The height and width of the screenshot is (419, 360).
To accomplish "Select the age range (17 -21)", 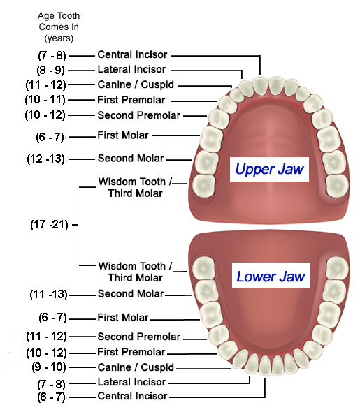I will [49, 226].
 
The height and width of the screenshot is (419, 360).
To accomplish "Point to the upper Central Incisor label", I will [132, 54].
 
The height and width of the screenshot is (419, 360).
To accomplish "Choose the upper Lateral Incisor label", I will [131, 70].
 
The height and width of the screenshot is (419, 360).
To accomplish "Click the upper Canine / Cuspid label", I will [136, 84].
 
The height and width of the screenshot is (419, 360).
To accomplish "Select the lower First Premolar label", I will [131, 352].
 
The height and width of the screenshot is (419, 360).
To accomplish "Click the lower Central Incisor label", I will [132, 396].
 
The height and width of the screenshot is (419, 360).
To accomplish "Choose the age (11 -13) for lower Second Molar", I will [48, 294].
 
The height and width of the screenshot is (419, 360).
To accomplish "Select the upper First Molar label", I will [123, 135].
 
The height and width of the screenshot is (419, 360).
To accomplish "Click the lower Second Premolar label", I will [138, 337].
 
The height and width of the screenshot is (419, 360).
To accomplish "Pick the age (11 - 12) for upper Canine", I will [50, 85].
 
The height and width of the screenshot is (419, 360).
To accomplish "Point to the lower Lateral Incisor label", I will [131, 382].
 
